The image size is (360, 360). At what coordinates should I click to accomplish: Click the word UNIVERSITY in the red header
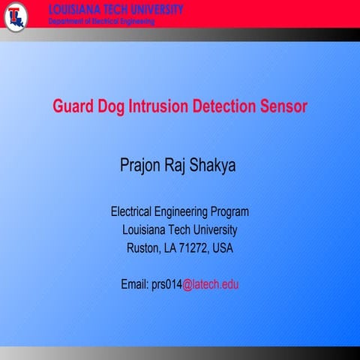pos(150,10)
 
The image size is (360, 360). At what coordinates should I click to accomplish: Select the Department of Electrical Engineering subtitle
pos(101,22)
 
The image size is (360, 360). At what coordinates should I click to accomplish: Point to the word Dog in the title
pos(113,106)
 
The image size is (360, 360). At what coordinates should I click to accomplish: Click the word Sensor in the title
pos(285,106)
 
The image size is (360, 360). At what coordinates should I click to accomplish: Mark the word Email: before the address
pos(135,285)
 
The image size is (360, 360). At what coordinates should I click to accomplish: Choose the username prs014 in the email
pos(166,285)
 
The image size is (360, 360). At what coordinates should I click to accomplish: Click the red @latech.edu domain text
pos(211,285)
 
